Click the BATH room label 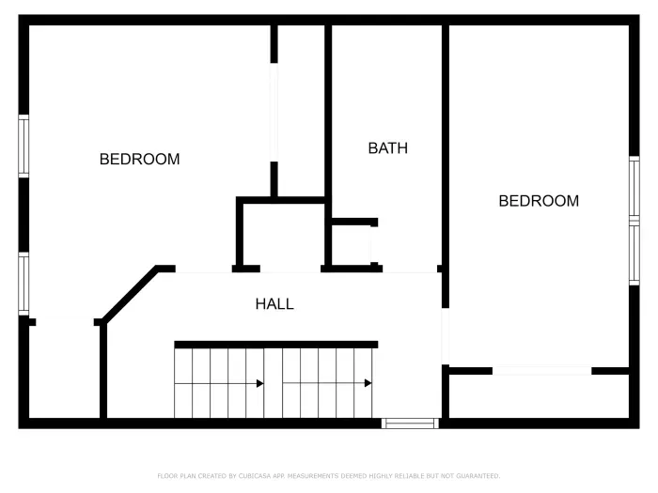click(387, 148)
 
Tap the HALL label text click(274, 304)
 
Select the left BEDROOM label click(139, 160)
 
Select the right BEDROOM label click(539, 201)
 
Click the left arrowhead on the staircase click(259, 383)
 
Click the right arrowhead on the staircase click(368, 383)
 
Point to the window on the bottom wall click(410, 424)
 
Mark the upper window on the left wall click(23, 146)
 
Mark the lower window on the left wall click(23, 283)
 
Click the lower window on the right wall click(634, 254)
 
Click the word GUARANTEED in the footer click(476, 476)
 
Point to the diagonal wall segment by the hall click(130, 295)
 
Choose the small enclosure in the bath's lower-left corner click(353, 245)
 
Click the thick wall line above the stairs click(275, 345)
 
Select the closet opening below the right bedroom click(541, 371)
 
